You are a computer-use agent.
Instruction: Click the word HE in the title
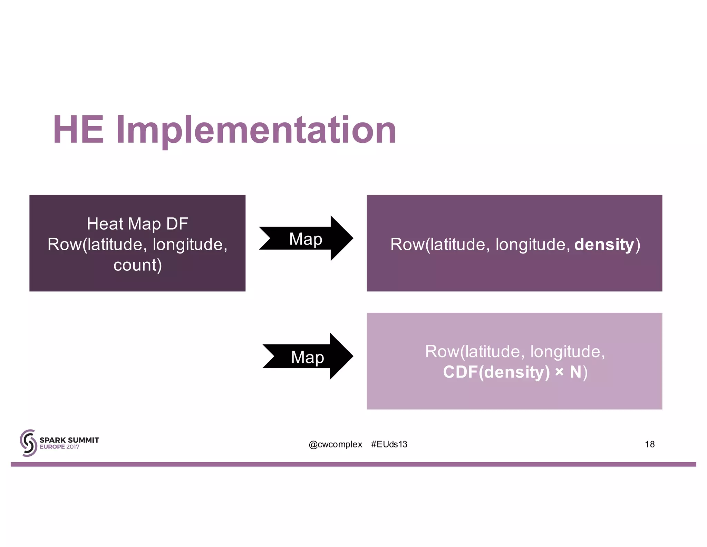tap(78, 130)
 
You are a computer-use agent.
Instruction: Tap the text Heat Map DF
tap(137, 224)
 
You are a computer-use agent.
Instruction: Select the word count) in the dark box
tap(137, 265)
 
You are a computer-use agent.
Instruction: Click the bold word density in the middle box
tap(604, 244)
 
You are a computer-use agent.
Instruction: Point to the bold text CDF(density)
tap(496, 372)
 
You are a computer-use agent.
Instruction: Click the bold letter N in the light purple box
tap(575, 372)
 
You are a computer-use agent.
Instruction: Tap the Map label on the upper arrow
tap(306, 239)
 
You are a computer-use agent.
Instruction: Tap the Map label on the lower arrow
tap(307, 357)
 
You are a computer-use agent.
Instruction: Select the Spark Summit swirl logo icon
tap(28, 443)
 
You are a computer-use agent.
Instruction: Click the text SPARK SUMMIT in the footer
tap(69, 440)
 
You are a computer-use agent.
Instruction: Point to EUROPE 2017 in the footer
tap(59, 447)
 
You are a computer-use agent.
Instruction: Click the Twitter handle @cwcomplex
tap(335, 444)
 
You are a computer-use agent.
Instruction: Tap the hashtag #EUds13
tap(389, 444)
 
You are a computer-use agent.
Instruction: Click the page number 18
tap(649, 444)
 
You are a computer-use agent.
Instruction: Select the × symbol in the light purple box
tap(559, 372)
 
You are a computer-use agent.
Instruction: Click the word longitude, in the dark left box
tap(190, 244)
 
